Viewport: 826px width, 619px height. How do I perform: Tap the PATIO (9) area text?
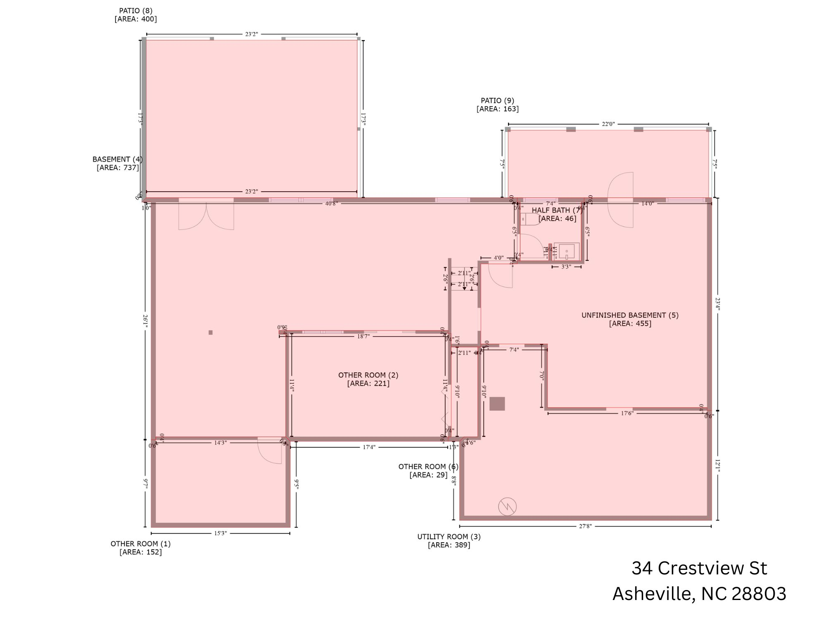(x=498, y=109)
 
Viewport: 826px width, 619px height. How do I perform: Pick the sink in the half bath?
(x=567, y=251)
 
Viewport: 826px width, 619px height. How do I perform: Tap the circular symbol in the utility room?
(x=507, y=507)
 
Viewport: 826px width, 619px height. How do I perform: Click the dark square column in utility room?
(x=497, y=403)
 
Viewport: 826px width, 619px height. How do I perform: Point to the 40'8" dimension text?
(x=331, y=204)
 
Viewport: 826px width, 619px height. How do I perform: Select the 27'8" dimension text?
(x=585, y=526)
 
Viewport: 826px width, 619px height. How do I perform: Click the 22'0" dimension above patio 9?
(x=608, y=124)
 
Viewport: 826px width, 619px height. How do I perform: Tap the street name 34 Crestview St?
(x=699, y=568)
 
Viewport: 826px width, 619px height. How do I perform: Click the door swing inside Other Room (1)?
(x=270, y=451)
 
